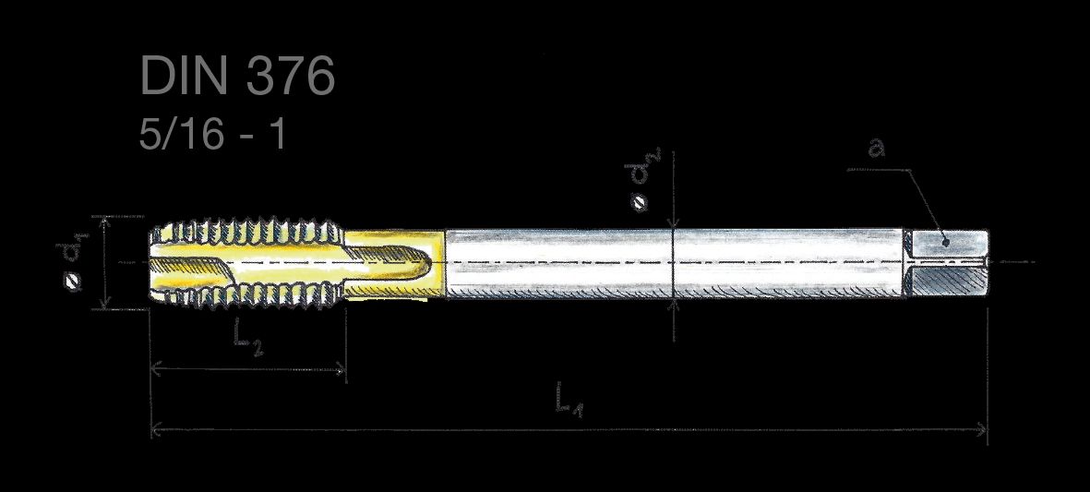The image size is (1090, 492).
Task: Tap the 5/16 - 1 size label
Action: pyautogui.click(x=212, y=134)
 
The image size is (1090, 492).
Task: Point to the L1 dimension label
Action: pyautogui.click(x=569, y=401)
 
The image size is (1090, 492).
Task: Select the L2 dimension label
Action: pyautogui.click(x=248, y=339)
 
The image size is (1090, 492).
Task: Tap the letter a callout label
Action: pyautogui.click(x=878, y=148)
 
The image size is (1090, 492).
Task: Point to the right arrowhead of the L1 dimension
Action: pyautogui.click(x=982, y=429)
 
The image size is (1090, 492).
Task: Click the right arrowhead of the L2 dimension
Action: pyautogui.click(x=340, y=370)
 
